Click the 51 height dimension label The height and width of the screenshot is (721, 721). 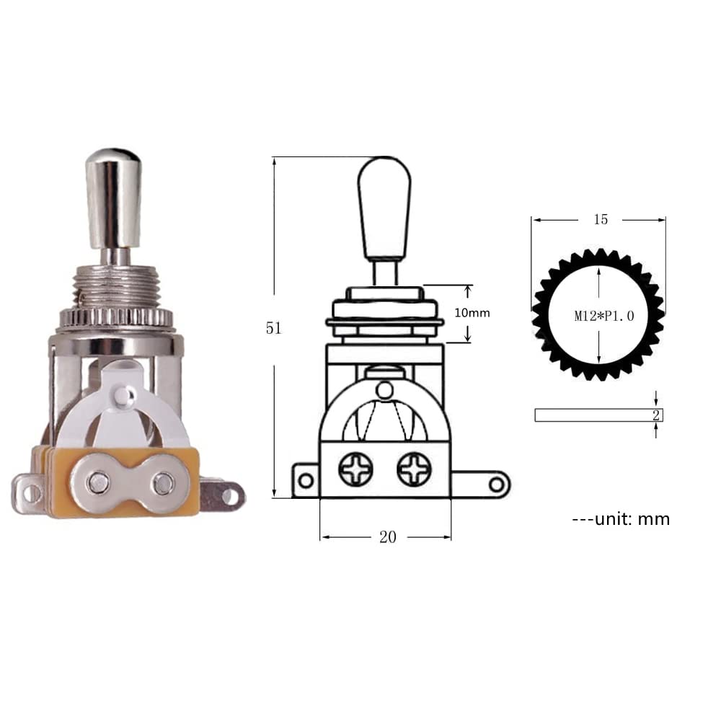tap(273, 327)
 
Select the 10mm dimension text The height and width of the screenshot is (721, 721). tap(474, 313)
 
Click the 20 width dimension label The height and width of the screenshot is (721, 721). tap(388, 538)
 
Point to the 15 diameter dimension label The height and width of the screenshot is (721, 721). tap(601, 219)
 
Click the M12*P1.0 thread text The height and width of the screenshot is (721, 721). tap(603, 316)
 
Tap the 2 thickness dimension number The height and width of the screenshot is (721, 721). tap(655, 415)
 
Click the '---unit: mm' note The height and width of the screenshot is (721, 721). tap(620, 518)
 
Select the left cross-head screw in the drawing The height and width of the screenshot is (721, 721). tap(355, 469)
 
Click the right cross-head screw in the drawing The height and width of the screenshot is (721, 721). tap(414, 469)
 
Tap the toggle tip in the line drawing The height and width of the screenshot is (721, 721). tap(384, 205)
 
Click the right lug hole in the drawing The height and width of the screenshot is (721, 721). tap(496, 482)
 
